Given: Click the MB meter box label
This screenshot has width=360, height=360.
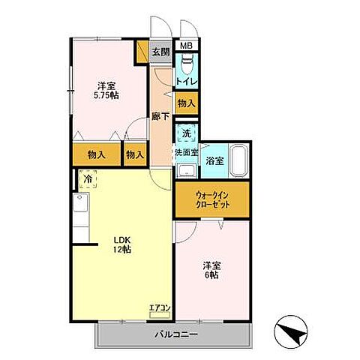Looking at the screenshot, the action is coord(187,46).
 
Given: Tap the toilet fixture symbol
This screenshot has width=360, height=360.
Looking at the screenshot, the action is coord(187,64).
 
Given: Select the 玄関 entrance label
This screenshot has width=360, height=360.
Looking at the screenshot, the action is coord(161,52).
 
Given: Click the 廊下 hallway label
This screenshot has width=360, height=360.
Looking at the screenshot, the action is coord(160,116).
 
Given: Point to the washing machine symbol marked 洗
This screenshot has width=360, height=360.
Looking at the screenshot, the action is coord(187,133).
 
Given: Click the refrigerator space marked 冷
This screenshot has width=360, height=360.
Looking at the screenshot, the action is coord(88,178).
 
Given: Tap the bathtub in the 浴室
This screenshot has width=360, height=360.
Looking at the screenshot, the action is coord(239,160).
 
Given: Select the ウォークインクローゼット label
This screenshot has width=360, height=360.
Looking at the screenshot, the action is coord(212,199).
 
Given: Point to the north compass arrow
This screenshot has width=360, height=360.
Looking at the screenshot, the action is coord(291,332).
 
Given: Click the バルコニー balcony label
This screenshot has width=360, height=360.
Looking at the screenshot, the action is coord(176,334).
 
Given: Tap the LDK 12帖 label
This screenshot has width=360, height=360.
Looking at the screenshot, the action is coord(122,244).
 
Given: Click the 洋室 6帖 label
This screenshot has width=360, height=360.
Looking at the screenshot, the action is coord(212,270).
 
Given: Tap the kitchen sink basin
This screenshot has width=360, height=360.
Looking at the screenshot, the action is coord(80,202).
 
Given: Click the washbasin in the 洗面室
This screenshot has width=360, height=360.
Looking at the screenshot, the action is coord(187,171).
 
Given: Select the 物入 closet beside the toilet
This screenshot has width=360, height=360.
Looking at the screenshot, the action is coord(187,103).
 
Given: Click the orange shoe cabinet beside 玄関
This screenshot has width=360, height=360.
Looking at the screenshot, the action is coord(142,52).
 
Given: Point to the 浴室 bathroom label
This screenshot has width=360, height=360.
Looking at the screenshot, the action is coord(214,161).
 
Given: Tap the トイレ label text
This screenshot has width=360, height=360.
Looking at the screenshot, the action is coord(187,81).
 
